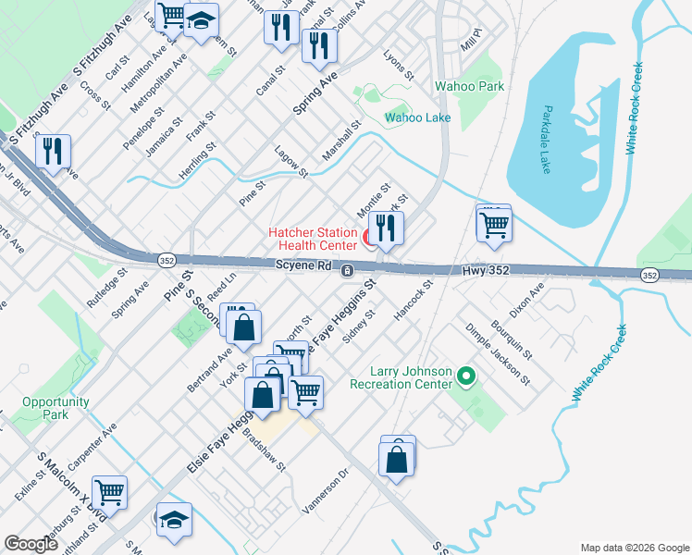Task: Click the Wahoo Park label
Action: tap(470, 86)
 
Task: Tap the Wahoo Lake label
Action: tap(417, 117)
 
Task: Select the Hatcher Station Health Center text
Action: tap(313, 239)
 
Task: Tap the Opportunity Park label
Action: tap(56, 408)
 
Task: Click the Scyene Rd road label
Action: tap(303, 265)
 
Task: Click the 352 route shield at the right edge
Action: tap(649, 275)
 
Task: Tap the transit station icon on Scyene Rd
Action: tap(347, 270)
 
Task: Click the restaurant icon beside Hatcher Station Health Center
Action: tap(385, 228)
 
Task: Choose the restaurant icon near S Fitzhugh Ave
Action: tap(53, 151)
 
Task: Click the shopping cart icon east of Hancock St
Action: tap(495, 223)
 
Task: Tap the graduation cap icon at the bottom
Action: tap(173, 521)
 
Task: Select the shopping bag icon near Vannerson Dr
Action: tap(397, 458)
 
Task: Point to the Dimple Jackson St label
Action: tap(498, 354)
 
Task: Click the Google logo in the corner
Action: tap(31, 544)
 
